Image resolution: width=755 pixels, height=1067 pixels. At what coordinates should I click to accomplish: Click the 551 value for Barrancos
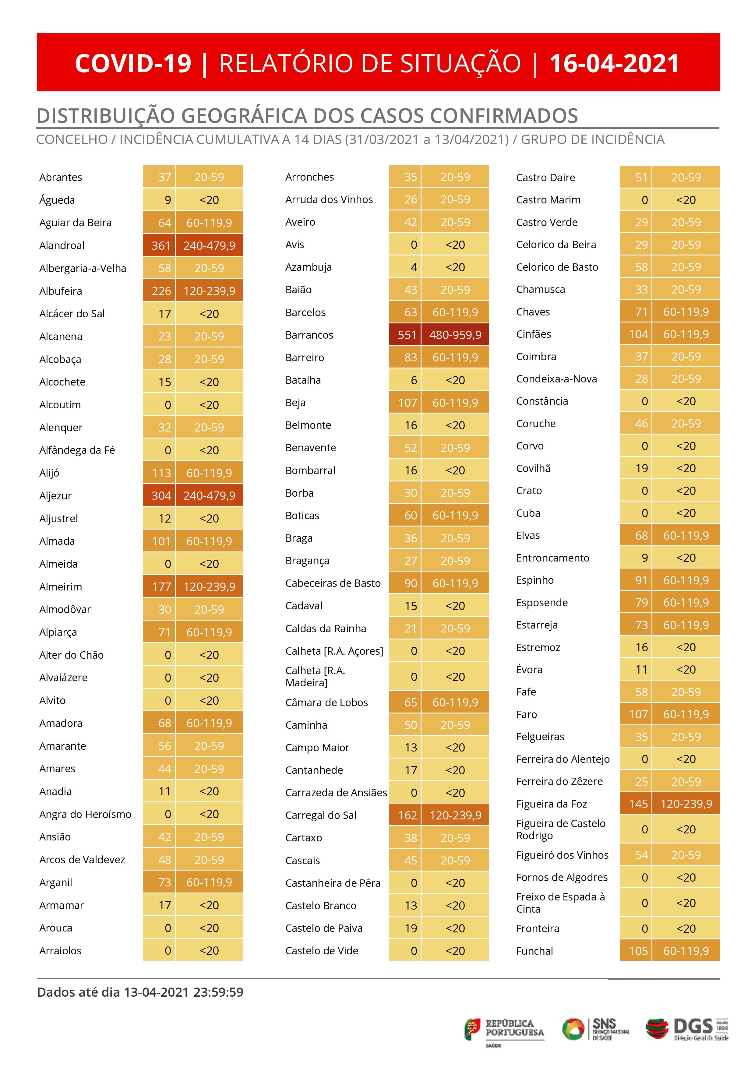click(407, 335)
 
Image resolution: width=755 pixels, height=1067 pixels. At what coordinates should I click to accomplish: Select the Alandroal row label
click(62, 245)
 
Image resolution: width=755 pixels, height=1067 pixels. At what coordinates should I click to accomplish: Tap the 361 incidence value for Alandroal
click(161, 245)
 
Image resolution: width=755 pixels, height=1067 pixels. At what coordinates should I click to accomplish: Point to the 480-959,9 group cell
click(455, 335)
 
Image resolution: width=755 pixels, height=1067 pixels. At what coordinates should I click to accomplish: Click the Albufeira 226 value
click(161, 291)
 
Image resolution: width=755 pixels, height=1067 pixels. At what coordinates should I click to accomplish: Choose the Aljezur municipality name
click(55, 496)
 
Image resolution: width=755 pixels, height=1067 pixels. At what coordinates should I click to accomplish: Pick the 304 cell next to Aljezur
click(161, 496)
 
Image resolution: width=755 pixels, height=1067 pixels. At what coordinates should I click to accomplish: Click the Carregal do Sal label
click(321, 815)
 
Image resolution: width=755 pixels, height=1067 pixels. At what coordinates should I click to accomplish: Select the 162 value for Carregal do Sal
click(407, 815)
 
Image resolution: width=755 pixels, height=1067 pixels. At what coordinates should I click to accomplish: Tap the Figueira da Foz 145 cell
click(638, 804)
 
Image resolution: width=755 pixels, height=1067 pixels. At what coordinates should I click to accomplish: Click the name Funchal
click(534, 951)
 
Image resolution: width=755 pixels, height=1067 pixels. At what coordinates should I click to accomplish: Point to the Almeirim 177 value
click(161, 586)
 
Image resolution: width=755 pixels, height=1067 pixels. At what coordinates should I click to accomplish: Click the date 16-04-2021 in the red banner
click(614, 63)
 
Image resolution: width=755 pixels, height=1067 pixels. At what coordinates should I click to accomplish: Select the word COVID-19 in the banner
click(133, 63)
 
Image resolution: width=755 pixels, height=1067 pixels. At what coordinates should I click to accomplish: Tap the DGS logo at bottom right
click(687, 1029)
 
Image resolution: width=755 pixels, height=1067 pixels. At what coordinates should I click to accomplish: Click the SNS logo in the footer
click(596, 1029)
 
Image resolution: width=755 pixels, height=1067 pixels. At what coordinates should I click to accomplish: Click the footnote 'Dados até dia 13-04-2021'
click(140, 992)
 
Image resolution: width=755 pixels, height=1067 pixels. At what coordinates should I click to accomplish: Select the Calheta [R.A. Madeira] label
click(315, 677)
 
